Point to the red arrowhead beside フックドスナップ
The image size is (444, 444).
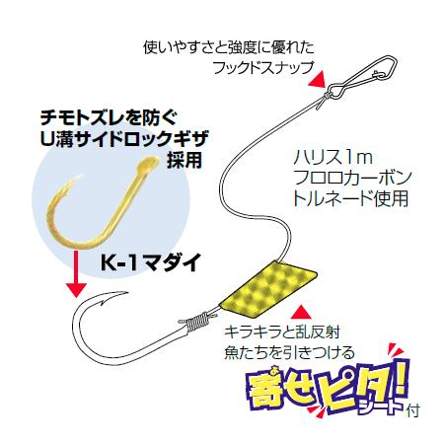317,79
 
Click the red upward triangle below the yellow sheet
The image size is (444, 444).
301,312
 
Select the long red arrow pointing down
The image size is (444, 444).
76,274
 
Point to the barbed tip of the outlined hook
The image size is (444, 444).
111,296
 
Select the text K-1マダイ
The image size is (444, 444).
151,262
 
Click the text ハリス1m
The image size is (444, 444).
333,158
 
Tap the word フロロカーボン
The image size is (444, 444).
352,178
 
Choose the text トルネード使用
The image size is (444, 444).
351,198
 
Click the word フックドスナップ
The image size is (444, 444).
262,68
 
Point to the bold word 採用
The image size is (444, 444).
185,160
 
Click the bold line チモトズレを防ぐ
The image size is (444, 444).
109,118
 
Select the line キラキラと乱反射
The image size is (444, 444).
282,333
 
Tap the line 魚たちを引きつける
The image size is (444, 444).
289,353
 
